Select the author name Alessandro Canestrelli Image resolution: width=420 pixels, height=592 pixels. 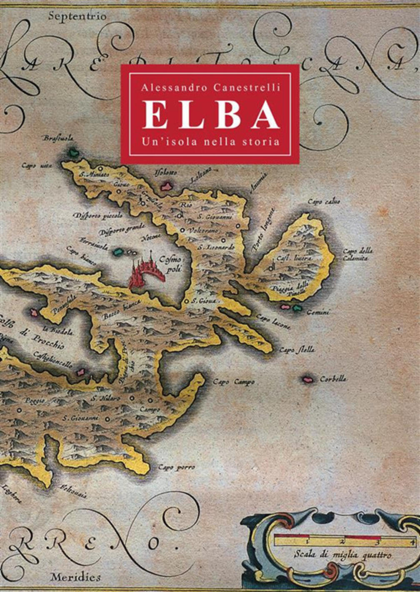click(210, 88)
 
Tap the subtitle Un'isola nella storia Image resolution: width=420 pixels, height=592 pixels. click(210, 141)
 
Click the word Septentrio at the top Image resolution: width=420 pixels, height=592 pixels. click(77, 17)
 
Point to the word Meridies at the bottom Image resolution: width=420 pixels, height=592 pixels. click(75, 577)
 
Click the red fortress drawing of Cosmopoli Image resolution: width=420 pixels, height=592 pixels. click(144, 272)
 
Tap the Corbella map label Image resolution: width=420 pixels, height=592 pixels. click(333, 379)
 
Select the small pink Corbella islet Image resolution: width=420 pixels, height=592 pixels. click(308, 379)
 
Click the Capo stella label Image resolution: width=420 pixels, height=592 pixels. click(297, 350)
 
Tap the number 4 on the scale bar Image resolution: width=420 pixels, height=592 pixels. click(412, 542)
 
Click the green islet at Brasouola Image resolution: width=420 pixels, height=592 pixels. click(74, 153)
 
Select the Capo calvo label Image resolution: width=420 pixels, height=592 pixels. click(324, 202)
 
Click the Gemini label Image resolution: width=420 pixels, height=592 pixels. click(317, 312)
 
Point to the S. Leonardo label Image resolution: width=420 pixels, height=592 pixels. click(216, 247)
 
